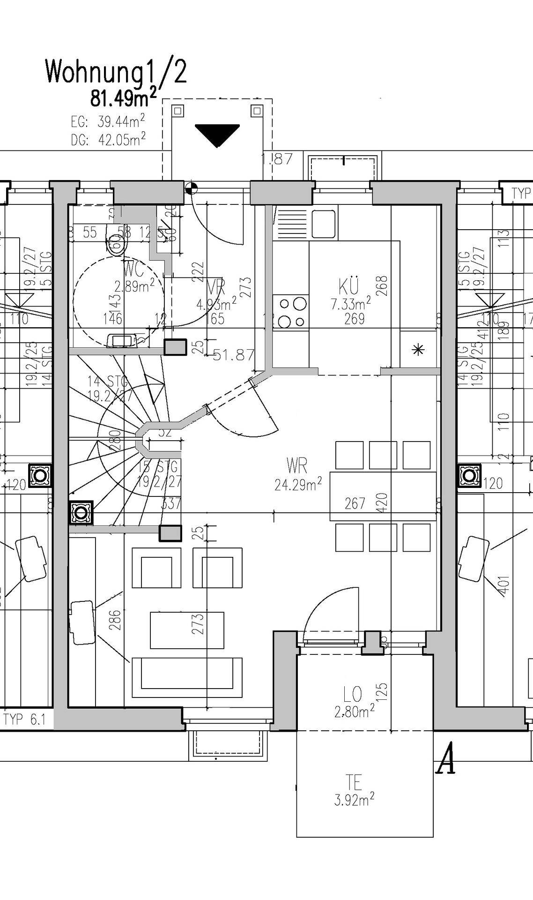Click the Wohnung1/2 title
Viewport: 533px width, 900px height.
pyautogui.click(x=116, y=73)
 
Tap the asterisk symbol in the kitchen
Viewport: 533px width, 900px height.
pyautogui.click(x=418, y=349)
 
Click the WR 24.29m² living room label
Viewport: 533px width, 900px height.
pyautogui.click(x=298, y=475)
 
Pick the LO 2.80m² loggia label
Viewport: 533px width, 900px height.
pyautogui.click(x=354, y=702)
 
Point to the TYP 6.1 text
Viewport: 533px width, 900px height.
pyautogui.click(x=25, y=720)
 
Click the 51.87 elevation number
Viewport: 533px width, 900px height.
pyautogui.click(x=234, y=355)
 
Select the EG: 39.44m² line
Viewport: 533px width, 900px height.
pyautogui.click(x=108, y=122)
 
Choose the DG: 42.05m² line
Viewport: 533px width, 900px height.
pyautogui.click(x=108, y=139)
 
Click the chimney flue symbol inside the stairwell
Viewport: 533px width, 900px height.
pyautogui.click(x=81, y=513)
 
